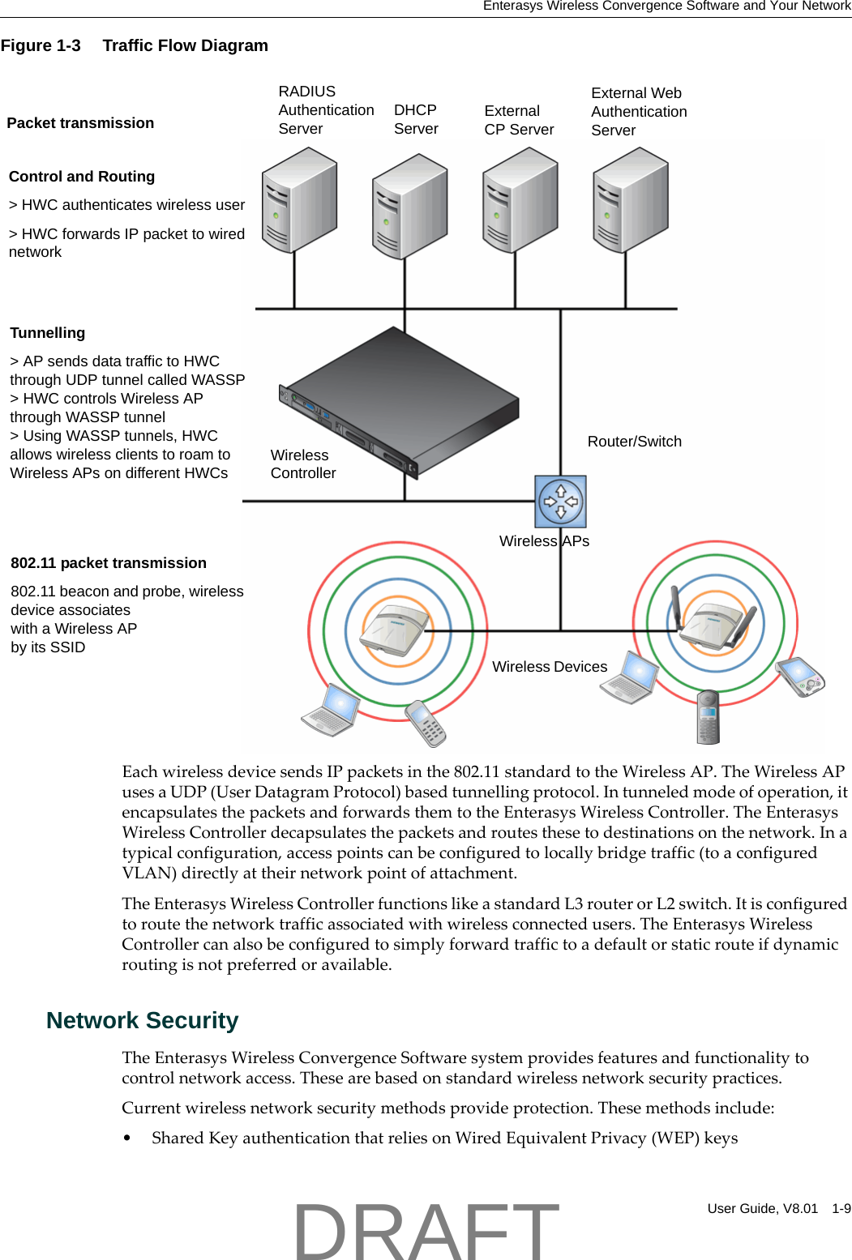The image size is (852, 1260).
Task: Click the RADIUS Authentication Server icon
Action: pos(299,200)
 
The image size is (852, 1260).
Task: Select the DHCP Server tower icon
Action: pos(409,207)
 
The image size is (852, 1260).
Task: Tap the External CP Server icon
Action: pos(520,200)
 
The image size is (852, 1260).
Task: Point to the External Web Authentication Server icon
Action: pos(630,200)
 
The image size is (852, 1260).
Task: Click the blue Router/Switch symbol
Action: pos(560,502)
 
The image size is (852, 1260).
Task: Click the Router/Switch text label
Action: pos(634,442)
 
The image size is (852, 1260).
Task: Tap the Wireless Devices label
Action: pos(549,667)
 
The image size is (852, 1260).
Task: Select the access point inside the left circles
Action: pos(397,630)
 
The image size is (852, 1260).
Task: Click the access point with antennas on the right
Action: pos(714,623)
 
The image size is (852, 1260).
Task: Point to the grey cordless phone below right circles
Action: pos(708,716)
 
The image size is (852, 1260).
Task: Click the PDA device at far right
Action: pos(800,677)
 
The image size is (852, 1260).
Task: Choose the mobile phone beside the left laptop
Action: pos(426,723)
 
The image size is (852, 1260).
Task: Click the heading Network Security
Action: pos(142,1020)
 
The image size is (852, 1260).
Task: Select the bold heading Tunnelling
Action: pos(47,333)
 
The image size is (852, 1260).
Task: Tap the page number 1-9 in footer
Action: pos(841,1208)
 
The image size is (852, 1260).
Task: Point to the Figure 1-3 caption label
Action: pos(41,45)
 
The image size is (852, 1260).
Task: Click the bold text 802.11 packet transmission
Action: pos(109,563)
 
